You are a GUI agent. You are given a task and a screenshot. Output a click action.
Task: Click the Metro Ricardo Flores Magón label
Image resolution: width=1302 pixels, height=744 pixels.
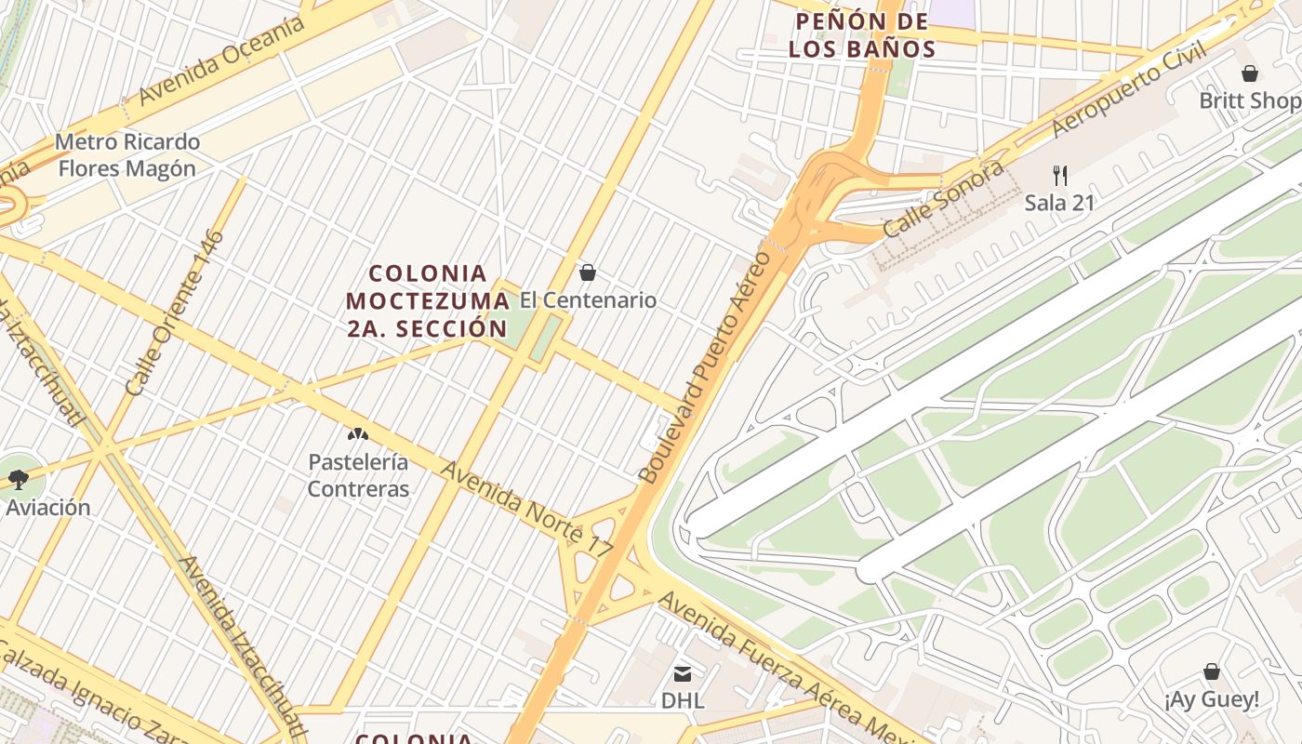127,155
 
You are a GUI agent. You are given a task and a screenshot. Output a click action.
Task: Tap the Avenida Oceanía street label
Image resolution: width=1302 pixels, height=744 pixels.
221,60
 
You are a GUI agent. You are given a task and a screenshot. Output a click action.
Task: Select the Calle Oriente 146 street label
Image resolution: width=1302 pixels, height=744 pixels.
175,313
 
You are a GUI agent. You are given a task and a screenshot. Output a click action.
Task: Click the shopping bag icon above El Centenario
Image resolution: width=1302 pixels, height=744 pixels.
588,272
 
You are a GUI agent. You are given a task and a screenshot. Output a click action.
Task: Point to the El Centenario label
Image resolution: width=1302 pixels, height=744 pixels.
588,300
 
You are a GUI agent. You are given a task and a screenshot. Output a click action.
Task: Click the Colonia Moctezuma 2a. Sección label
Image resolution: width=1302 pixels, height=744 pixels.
428,300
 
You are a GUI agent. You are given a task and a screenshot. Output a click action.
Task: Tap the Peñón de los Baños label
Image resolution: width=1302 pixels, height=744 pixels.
861,35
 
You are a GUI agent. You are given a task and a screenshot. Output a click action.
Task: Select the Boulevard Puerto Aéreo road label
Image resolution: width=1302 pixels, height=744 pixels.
705,367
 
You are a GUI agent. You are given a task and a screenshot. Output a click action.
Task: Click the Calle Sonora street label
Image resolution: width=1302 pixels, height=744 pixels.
943,199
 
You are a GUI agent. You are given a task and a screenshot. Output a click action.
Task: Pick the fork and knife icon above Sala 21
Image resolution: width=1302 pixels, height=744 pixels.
1059,175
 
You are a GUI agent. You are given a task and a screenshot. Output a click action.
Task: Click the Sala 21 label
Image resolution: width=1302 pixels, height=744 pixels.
1059,203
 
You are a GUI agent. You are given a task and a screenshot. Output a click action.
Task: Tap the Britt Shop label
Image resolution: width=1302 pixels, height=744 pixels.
1249,100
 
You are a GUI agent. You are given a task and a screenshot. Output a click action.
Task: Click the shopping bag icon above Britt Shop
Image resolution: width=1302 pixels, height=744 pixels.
1250,73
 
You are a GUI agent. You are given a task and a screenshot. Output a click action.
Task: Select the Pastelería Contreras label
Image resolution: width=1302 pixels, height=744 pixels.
358,475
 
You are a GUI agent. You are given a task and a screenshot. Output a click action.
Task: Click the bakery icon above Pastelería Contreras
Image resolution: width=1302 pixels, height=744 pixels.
358,434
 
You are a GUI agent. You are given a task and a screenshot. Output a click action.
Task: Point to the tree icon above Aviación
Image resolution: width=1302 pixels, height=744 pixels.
18,480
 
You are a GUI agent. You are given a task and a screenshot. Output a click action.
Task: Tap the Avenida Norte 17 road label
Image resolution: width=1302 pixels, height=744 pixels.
525,510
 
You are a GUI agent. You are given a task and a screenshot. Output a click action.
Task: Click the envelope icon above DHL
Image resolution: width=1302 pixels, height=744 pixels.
683,673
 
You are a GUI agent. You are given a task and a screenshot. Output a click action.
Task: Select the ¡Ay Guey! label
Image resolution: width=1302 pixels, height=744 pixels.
1212,699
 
